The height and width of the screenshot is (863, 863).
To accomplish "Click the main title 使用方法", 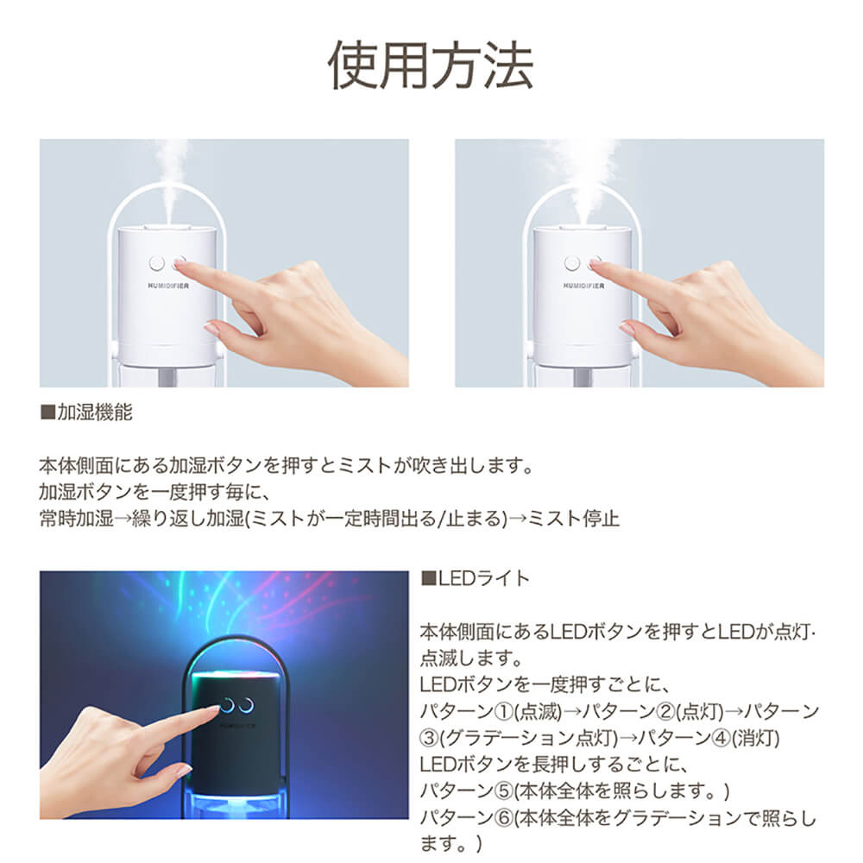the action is click(x=431, y=66).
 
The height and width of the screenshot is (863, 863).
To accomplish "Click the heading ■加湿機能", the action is click(x=86, y=412).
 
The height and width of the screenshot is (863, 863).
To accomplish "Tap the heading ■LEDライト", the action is click(x=476, y=578).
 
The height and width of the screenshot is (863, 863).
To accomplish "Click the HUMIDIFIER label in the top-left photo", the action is click(x=168, y=286).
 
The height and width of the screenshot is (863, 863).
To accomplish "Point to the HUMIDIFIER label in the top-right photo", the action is click(x=583, y=286).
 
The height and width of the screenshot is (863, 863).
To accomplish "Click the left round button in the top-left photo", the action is click(x=157, y=263).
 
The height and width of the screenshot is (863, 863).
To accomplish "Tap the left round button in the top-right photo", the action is click(x=572, y=263).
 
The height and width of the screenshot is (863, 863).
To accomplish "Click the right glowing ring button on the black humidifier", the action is click(x=246, y=705).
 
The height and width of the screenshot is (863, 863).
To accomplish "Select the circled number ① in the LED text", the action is click(x=504, y=712).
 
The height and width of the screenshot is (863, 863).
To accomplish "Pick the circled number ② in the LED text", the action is click(x=666, y=712).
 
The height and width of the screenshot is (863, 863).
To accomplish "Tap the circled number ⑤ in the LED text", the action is click(x=504, y=791).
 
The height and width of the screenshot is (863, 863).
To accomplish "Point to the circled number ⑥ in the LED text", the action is click(x=504, y=818).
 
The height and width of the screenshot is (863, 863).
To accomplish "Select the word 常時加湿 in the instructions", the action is click(x=77, y=519).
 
